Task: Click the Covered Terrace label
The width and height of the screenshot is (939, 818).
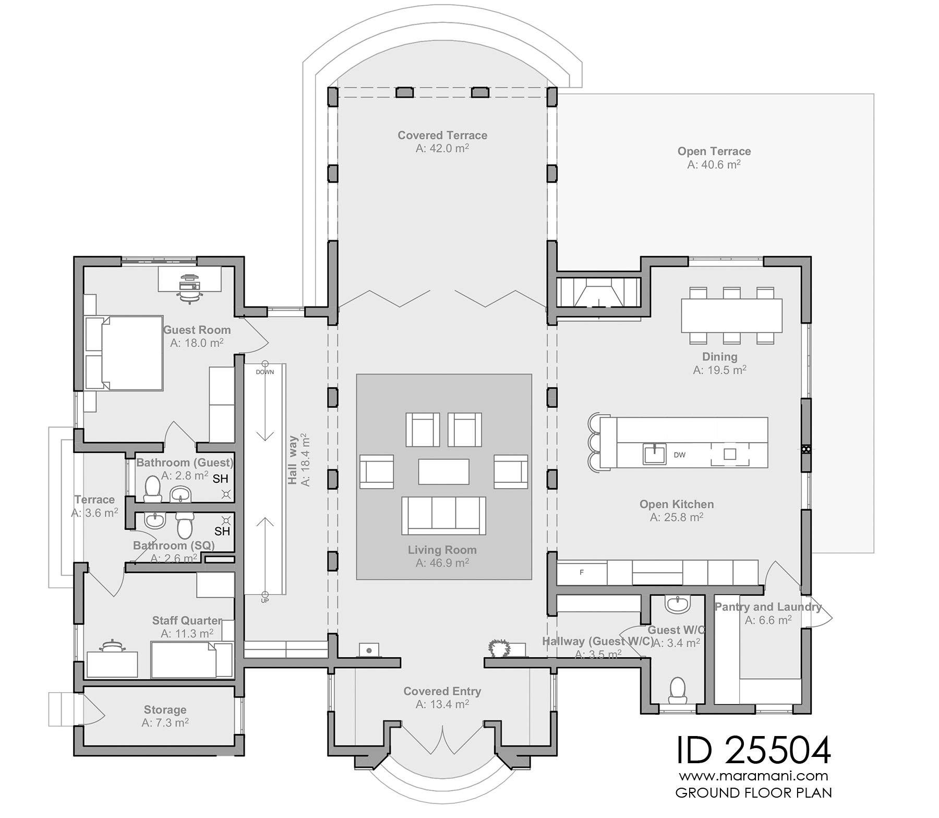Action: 442,135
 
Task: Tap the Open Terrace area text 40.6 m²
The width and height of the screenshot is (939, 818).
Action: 714,164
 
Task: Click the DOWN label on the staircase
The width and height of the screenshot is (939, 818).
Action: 265,372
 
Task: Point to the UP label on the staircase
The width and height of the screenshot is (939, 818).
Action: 265,601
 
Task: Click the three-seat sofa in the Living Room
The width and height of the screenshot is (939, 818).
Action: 443,515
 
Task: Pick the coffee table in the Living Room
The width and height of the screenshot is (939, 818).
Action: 443,471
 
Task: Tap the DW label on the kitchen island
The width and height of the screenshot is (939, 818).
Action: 679,455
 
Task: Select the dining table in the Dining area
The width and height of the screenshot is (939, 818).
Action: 731,315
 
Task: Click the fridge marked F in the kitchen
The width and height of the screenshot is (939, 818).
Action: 582,573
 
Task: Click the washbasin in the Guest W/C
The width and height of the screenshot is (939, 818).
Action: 678,604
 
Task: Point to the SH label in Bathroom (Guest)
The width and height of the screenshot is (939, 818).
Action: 220,479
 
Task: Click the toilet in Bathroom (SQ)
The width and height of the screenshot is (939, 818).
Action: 185,524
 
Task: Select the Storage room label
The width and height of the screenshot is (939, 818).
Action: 165,710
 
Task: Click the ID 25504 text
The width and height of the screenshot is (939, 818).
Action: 753,750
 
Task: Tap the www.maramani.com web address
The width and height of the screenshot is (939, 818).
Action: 753,776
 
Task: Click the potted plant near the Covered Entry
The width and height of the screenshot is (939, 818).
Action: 499,648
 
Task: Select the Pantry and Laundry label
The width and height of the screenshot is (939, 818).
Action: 767,607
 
